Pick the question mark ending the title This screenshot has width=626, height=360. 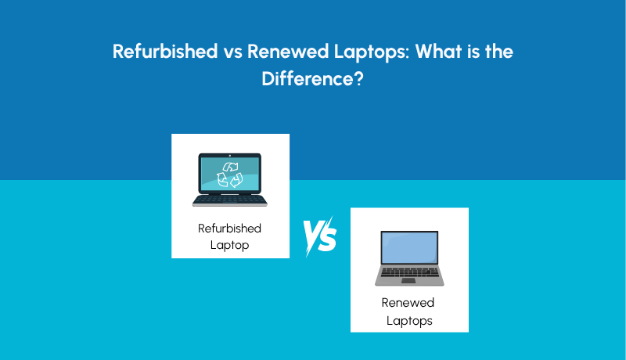[x=358, y=79]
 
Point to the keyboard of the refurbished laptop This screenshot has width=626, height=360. [x=230, y=199]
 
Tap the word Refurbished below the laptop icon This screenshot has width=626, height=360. [x=230, y=229]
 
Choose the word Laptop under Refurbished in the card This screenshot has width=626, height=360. [x=230, y=244]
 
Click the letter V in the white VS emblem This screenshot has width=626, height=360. [x=311, y=235]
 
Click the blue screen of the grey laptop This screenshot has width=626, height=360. [x=408, y=248]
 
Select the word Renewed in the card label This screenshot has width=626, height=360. [x=408, y=303]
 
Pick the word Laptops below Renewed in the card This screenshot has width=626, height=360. [x=409, y=320]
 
